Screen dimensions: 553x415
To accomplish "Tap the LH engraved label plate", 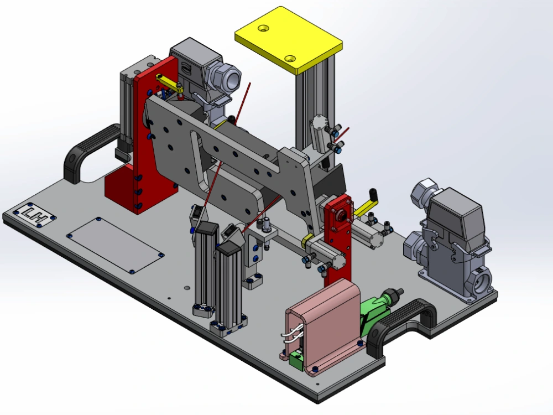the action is (34, 214).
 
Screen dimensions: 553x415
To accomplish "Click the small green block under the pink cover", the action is (296, 361).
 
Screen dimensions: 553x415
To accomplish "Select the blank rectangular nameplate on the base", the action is (116, 245).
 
